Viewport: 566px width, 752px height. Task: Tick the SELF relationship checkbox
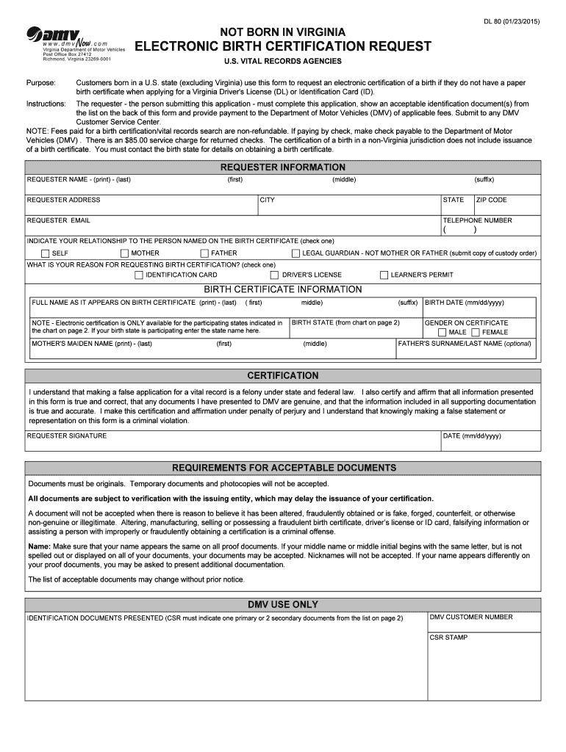(x=46, y=253)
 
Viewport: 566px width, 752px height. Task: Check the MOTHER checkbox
(x=125, y=253)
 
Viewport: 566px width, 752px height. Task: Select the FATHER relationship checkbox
(x=205, y=253)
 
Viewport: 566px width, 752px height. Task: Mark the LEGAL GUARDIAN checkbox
(x=296, y=253)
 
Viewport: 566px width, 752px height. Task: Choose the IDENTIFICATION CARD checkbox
(x=139, y=275)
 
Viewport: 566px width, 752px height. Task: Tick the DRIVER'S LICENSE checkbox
(x=275, y=275)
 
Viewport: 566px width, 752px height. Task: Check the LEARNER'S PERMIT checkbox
(x=384, y=275)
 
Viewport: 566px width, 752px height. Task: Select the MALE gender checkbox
(x=442, y=332)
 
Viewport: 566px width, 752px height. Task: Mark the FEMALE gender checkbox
(x=475, y=332)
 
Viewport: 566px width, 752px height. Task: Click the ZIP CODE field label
(x=492, y=200)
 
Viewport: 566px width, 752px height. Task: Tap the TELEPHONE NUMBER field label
(x=477, y=220)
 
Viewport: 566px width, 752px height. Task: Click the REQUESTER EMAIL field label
(x=59, y=220)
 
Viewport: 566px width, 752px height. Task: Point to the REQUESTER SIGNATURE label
(x=67, y=435)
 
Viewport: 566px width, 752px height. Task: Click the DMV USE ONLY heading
(x=283, y=604)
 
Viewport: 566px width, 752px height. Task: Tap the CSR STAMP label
(x=449, y=637)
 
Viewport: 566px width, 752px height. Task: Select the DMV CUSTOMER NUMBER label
(x=471, y=617)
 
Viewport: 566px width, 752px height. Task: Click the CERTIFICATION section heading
(x=283, y=375)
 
